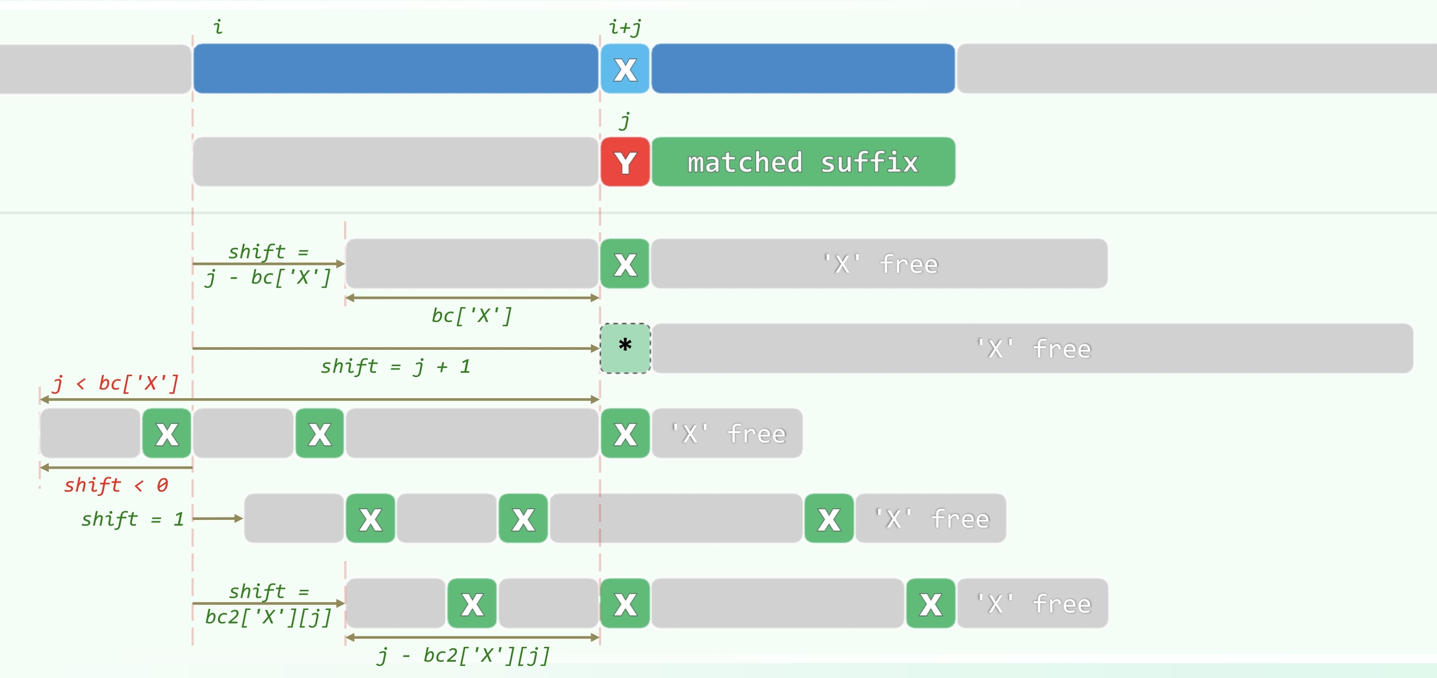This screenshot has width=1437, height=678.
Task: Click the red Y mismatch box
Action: pos(625,162)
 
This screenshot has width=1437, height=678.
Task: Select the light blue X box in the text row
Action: pos(625,69)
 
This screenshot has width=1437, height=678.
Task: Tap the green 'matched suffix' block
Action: pos(803,162)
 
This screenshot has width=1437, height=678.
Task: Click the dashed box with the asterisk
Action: pos(625,348)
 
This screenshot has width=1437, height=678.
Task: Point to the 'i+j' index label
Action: pos(625,27)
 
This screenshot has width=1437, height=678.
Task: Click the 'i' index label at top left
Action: pos(218,27)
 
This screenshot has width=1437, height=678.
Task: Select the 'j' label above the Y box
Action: pos(625,121)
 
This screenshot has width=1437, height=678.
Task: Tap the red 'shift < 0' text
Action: pos(116,485)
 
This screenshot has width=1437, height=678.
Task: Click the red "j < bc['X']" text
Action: pos(116,383)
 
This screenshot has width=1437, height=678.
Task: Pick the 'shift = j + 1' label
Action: pos(395,367)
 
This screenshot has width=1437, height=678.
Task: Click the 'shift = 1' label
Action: pos(133,519)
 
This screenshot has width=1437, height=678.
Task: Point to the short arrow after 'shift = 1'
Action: pos(217,518)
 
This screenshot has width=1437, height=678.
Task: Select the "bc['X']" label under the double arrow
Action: pos(472,315)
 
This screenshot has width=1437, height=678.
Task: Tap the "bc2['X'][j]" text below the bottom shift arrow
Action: pos(268,617)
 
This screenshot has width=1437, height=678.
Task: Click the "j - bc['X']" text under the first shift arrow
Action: pos(268,277)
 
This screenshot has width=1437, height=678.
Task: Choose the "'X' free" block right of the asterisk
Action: pos(1032,348)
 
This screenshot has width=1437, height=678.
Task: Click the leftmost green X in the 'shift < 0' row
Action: pos(167,434)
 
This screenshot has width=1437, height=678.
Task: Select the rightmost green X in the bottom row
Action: pos(931,603)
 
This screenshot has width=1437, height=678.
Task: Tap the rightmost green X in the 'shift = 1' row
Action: pos(829,518)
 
